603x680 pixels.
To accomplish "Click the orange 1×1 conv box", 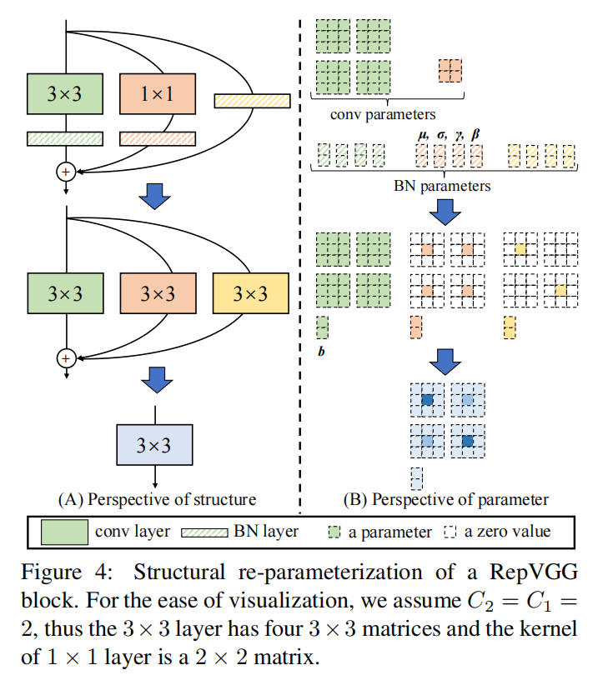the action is click(158, 94).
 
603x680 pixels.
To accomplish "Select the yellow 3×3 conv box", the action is click(251, 293).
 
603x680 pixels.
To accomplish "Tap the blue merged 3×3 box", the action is click(154, 445).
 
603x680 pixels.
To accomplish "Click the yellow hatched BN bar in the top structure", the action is click(252, 101).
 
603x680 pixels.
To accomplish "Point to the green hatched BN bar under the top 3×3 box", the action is click(65, 139).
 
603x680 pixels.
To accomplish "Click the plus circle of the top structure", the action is click(66, 172).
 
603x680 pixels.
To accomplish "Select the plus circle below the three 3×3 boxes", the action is click(67, 358).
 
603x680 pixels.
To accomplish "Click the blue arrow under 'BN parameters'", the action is click(445, 212).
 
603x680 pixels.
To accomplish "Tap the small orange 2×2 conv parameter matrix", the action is click(450, 71).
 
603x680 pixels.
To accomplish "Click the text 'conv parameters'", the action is click(383, 114).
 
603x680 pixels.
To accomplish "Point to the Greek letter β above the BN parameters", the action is click(475, 134).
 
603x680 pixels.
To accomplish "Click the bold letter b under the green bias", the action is click(321, 351).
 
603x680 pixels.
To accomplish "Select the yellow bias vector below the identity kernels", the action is click(510, 327).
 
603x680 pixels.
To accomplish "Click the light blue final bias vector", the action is click(417, 479).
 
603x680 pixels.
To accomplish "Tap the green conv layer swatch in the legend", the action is click(65, 532).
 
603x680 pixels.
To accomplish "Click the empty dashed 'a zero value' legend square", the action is click(450, 532).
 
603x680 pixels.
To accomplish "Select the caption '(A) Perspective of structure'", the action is click(157, 500).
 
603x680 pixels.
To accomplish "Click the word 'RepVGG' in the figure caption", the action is click(534, 572).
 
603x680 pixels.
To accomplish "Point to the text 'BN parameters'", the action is click(442, 186).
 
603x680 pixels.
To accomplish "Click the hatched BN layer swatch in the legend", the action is click(204, 532).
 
